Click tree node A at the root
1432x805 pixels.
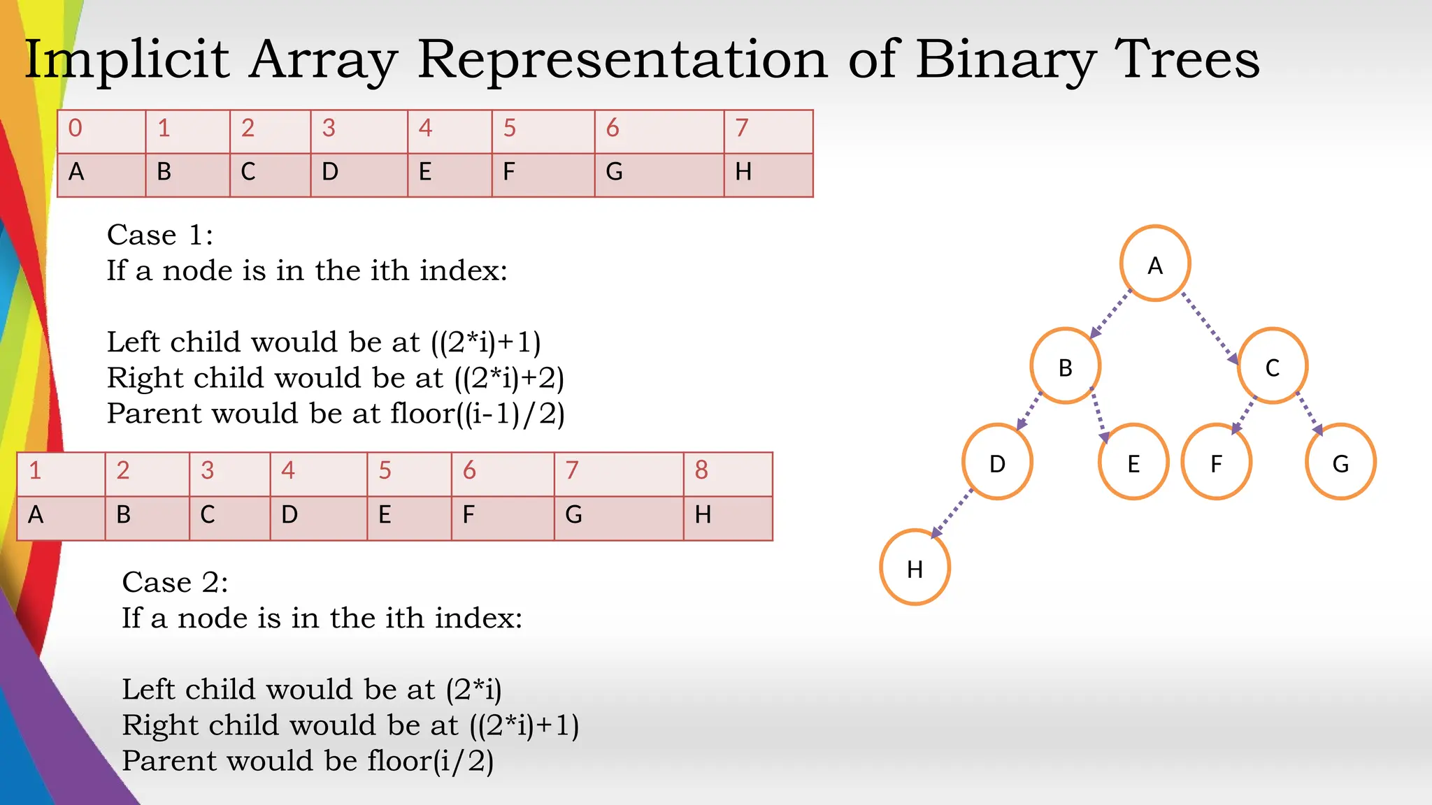[1155, 263]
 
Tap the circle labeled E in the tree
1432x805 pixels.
[1133, 462]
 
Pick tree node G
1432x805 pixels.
[1340, 462]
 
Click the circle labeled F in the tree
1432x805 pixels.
[1216, 462]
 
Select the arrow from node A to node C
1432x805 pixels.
[1210, 328]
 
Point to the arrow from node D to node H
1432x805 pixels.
[952, 514]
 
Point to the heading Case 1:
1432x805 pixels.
[160, 235]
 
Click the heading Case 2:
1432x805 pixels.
[175, 582]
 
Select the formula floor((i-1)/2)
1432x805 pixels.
[478, 414]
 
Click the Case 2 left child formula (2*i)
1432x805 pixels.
[474, 690]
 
